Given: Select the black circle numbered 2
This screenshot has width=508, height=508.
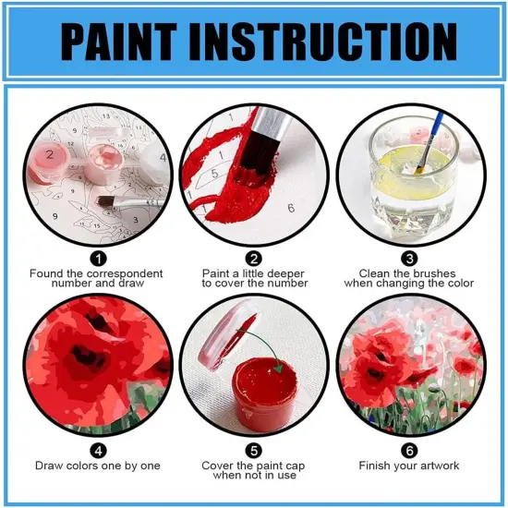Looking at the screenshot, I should [x=254, y=260].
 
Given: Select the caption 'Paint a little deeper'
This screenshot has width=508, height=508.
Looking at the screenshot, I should [x=254, y=273].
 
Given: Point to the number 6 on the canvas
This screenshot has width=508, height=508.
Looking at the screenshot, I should [x=291, y=208].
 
